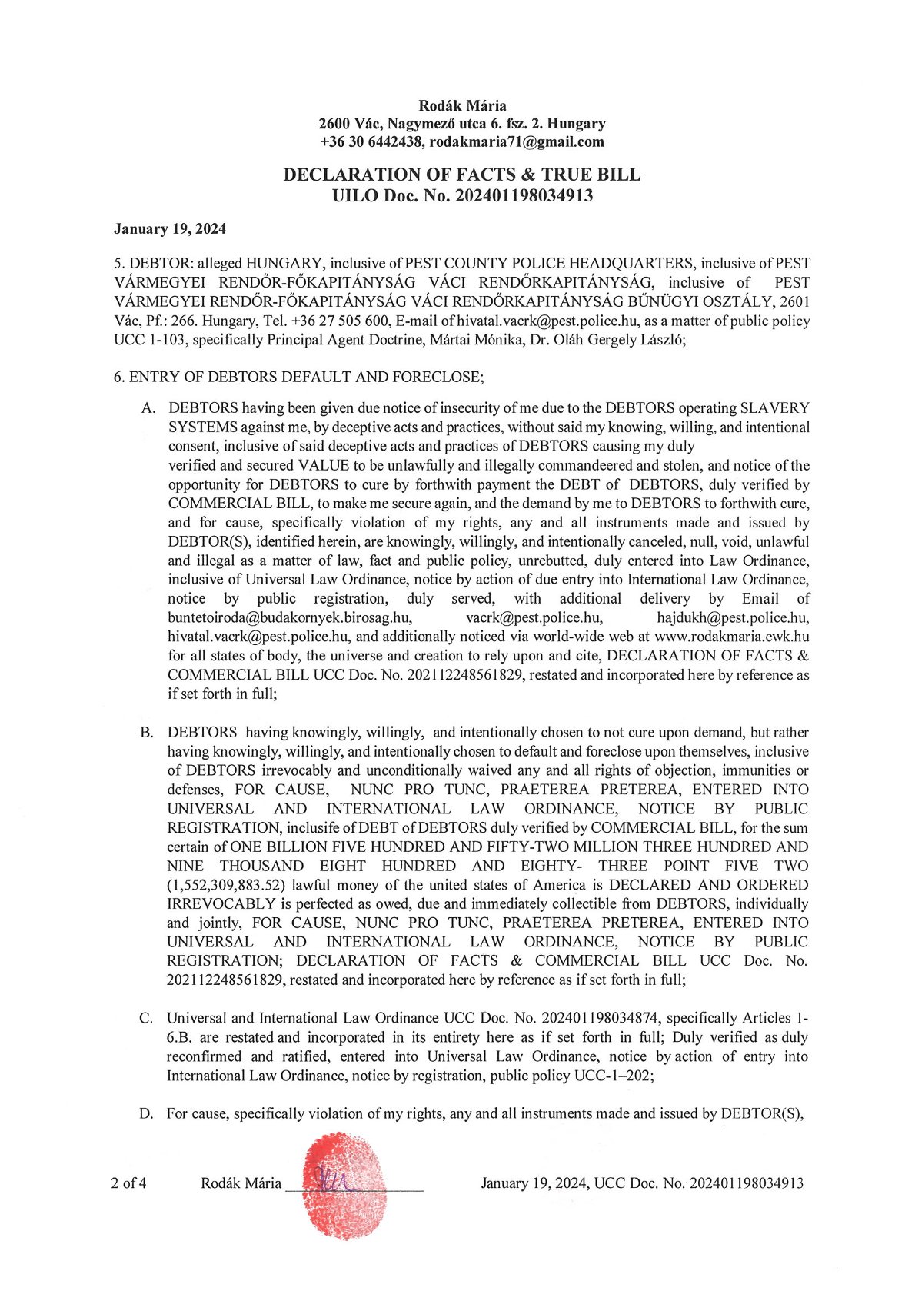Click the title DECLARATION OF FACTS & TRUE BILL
tap(461, 175)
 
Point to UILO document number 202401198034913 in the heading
tap(524, 195)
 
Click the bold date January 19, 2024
tap(170, 228)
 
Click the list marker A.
tap(148, 407)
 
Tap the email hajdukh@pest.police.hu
tap(732, 617)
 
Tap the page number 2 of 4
tap(129, 1183)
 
